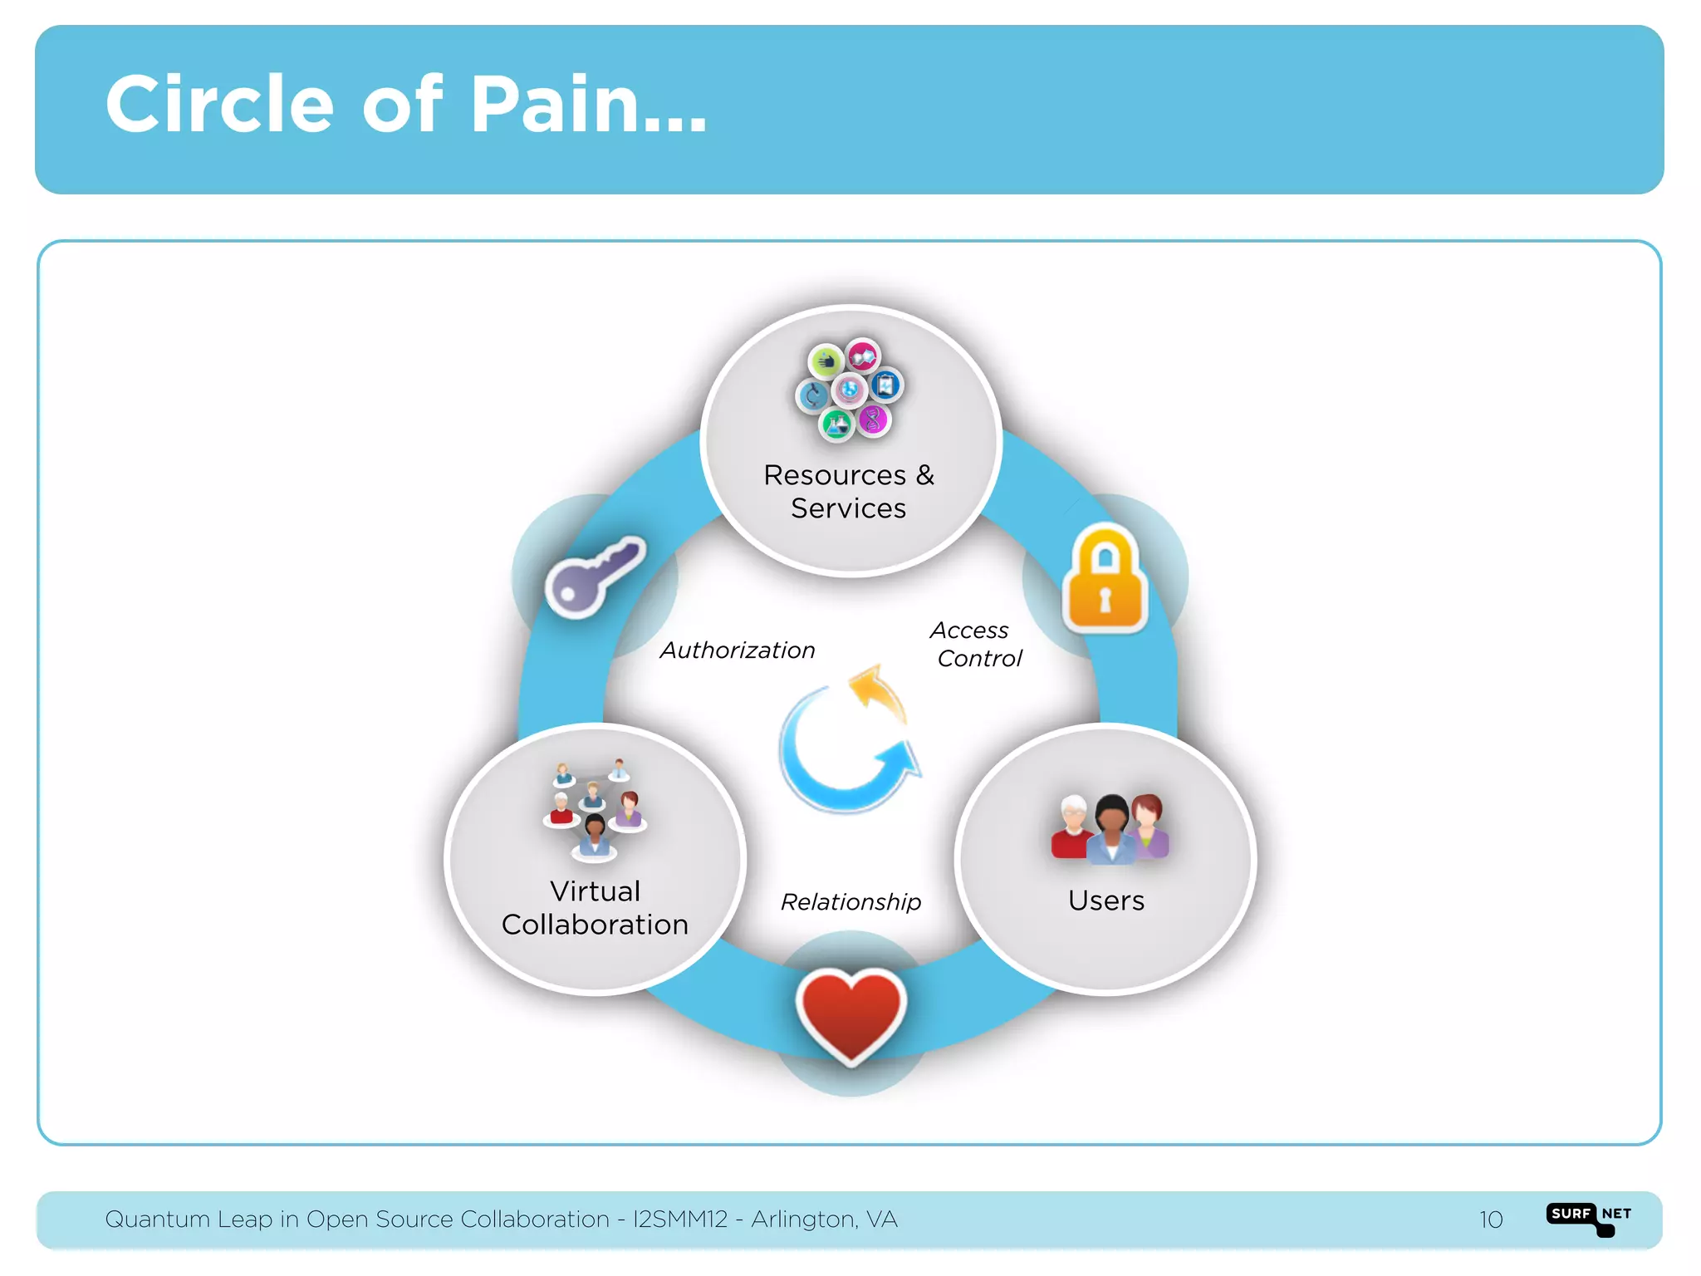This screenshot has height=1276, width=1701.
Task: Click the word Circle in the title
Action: [219, 105]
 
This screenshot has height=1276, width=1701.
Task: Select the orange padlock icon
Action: [1105, 579]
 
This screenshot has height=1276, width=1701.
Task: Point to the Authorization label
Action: [738, 650]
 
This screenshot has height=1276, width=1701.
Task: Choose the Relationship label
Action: [850, 902]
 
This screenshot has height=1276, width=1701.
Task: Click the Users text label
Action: [1105, 901]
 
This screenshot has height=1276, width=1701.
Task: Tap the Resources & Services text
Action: [849, 492]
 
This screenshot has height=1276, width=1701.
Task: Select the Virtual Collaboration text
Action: [595, 908]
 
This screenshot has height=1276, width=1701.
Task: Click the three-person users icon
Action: [1110, 829]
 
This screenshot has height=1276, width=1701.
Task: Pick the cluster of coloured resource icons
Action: [849, 389]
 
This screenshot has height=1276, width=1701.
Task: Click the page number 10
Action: [1490, 1220]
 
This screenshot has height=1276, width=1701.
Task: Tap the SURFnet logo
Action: [1588, 1218]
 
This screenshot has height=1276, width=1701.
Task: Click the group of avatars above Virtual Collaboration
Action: [594, 809]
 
